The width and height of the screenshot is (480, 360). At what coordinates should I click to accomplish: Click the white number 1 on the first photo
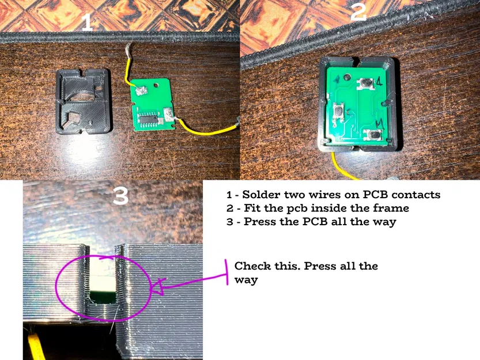pyautogui.click(x=86, y=22)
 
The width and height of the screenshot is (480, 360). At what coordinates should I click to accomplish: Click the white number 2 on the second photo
pyautogui.click(x=358, y=12)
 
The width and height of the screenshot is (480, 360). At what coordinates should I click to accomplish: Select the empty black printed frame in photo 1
pyautogui.click(x=84, y=101)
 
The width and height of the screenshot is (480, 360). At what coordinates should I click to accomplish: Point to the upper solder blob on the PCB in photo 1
pyautogui.click(x=141, y=90)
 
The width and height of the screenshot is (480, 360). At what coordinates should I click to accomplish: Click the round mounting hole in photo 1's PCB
pyautogui.click(x=157, y=85)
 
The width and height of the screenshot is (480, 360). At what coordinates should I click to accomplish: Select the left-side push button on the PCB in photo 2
pyautogui.click(x=339, y=108)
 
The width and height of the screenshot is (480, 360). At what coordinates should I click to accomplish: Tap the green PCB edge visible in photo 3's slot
pyautogui.click(x=104, y=298)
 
